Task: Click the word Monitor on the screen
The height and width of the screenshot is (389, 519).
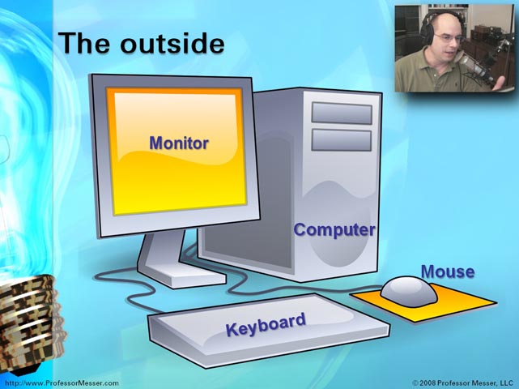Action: click(x=179, y=143)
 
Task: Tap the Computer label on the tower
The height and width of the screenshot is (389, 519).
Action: click(x=334, y=230)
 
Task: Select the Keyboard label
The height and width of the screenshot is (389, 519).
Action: click(x=266, y=324)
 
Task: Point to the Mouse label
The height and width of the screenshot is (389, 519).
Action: click(x=448, y=271)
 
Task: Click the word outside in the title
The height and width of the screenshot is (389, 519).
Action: click(x=172, y=43)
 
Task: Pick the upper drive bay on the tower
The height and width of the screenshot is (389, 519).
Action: click(x=342, y=113)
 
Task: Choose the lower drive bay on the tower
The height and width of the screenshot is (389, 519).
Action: click(x=342, y=140)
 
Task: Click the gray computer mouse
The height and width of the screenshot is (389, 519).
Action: click(x=409, y=292)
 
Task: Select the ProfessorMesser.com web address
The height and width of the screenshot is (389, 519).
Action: click(x=62, y=383)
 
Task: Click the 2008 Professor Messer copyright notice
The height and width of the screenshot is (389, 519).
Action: click(x=462, y=383)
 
